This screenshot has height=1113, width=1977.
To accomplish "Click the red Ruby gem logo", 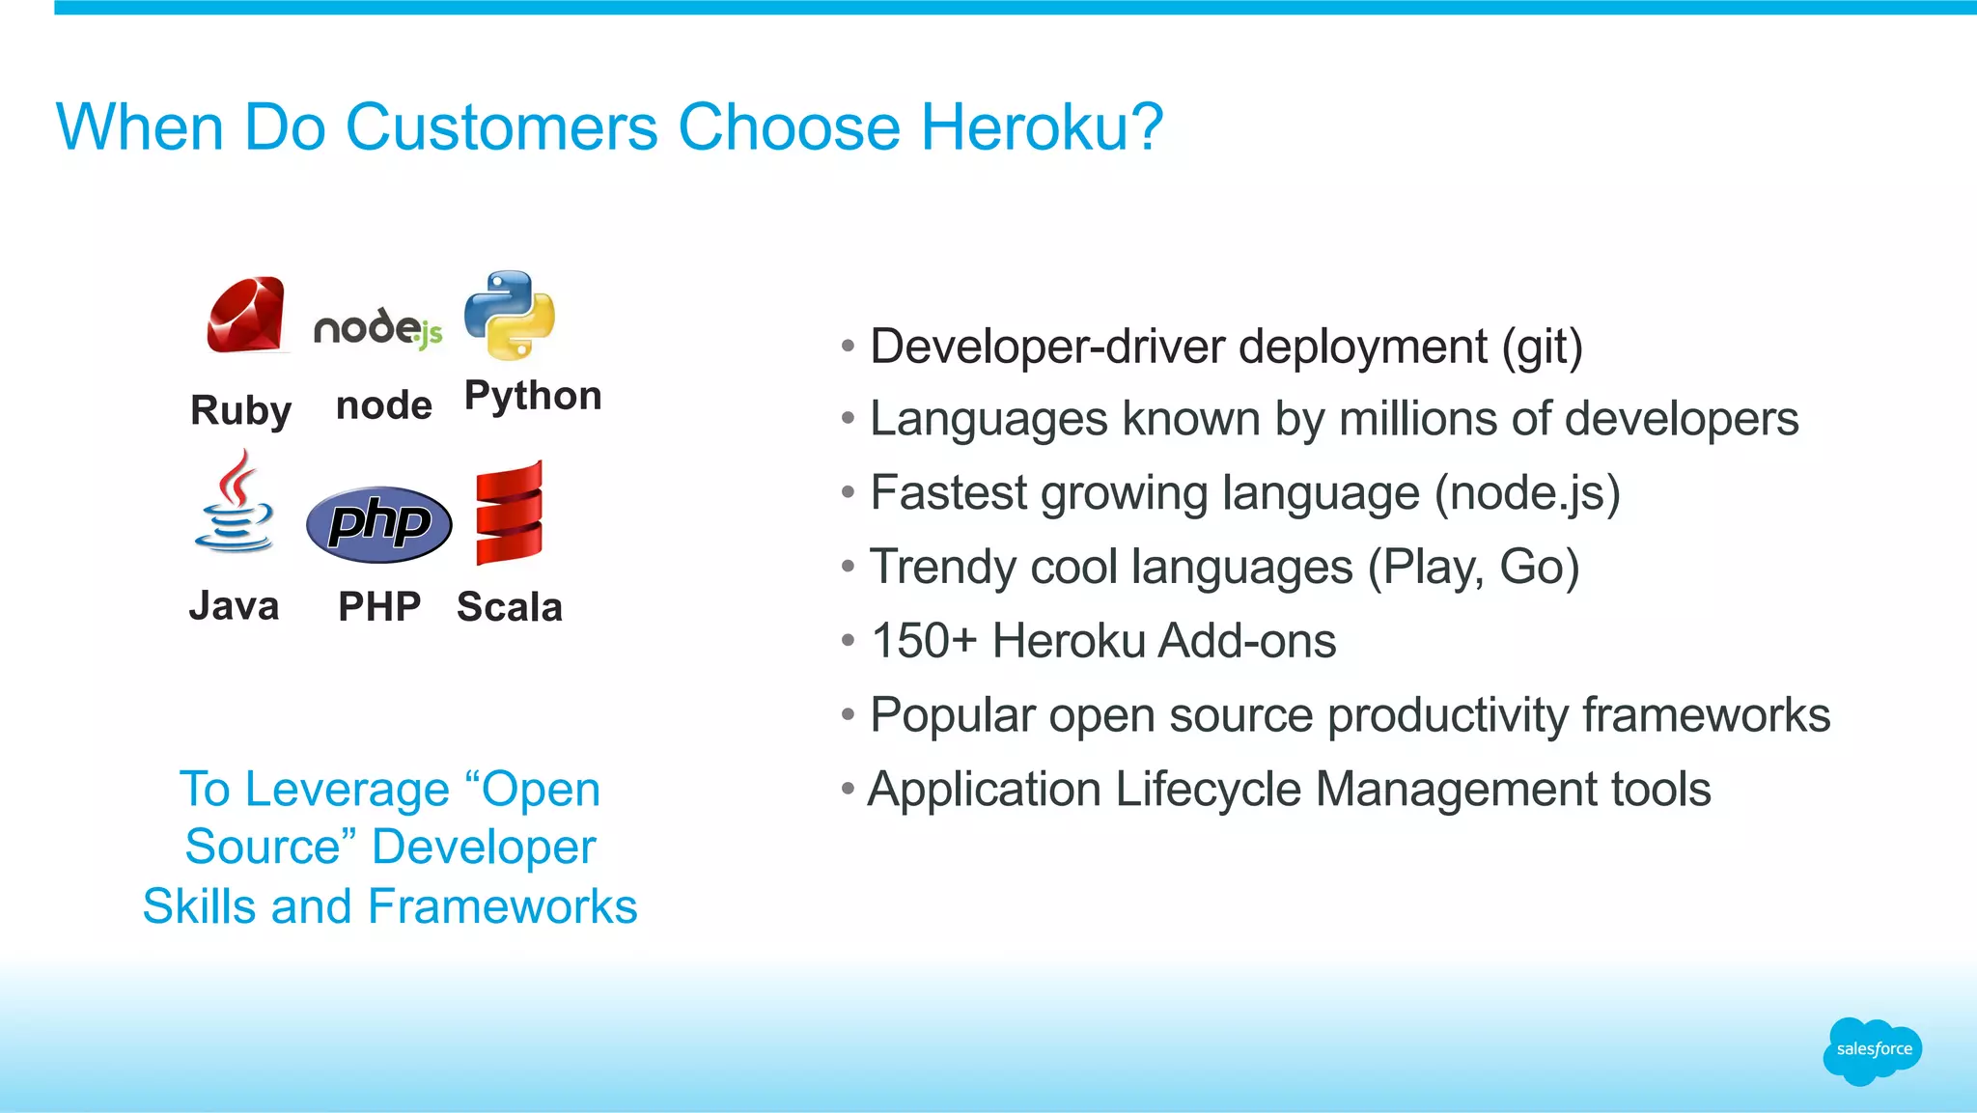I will [246, 315].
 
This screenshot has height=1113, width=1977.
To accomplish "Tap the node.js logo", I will [378, 328].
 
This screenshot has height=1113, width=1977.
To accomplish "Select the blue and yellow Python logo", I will [510, 315].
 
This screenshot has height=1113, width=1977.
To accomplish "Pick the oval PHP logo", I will [378, 524].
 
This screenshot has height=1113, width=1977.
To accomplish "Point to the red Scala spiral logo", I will [510, 513].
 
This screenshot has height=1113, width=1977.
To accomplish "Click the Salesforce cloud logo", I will [1873, 1050].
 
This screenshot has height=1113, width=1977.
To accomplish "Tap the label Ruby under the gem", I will [240, 410].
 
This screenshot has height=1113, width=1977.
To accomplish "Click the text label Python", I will [533, 396].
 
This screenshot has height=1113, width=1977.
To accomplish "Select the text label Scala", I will [509, 607].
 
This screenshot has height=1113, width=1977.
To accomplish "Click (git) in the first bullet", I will [1542, 347].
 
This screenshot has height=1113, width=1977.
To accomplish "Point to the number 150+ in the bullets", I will [924, 641].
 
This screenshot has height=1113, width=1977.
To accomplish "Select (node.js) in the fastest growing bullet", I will [1526, 493].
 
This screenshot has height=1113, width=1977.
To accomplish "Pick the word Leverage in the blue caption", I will [348, 790].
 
